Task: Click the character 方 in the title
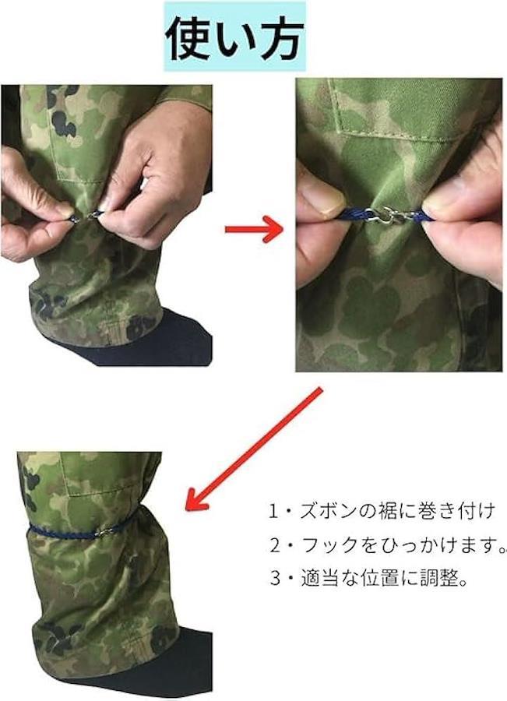[x=282, y=39]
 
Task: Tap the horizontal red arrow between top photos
[x=254, y=229]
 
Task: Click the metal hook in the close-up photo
[x=393, y=216]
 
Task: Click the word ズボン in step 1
[x=336, y=510]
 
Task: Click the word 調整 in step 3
[x=439, y=579]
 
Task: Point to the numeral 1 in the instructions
[x=273, y=511]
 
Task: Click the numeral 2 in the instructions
[x=275, y=545]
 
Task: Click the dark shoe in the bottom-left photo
[x=134, y=666]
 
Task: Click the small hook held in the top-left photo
[x=93, y=217]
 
